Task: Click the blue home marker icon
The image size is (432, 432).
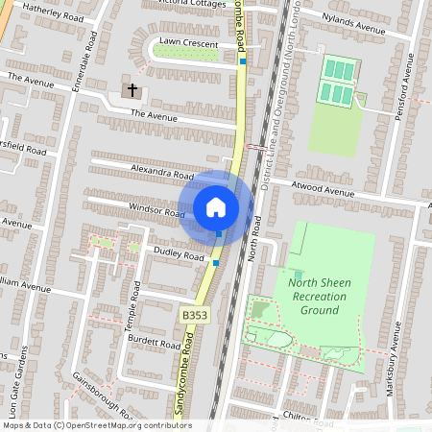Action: pos(216,206)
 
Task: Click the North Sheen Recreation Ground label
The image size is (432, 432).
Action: pos(314,296)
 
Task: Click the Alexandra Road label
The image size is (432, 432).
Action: pos(163,175)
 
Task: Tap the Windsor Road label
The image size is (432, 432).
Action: pos(156,212)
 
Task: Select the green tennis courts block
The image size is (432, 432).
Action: pos(337,82)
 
